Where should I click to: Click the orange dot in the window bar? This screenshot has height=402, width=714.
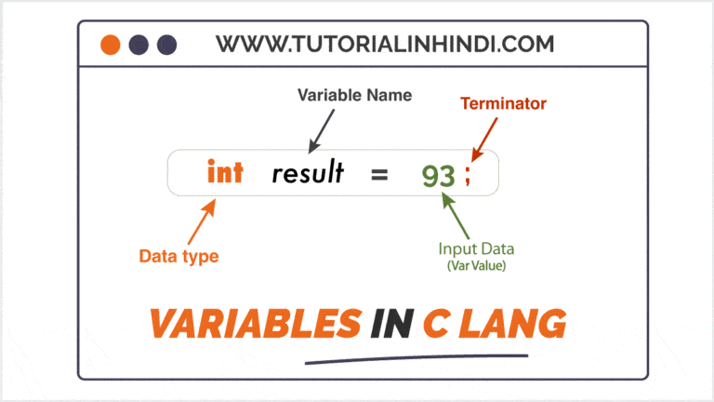[111, 45]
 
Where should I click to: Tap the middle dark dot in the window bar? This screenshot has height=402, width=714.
[139, 45]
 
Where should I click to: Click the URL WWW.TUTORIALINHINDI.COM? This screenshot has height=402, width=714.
[385, 43]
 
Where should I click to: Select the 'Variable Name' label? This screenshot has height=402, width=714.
[353, 96]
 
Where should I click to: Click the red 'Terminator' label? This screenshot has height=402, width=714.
[503, 104]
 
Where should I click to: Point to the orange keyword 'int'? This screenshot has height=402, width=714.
[224, 172]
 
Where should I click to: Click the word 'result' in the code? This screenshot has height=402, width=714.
[308, 172]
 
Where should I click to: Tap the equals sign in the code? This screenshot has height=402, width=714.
[379, 173]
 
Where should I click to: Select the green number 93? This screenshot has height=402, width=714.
[438, 175]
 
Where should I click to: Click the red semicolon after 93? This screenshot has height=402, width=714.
[468, 177]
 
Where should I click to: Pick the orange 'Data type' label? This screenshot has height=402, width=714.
[178, 256]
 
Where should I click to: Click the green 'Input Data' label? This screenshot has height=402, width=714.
[477, 248]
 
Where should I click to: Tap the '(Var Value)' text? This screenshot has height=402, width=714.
[477, 265]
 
